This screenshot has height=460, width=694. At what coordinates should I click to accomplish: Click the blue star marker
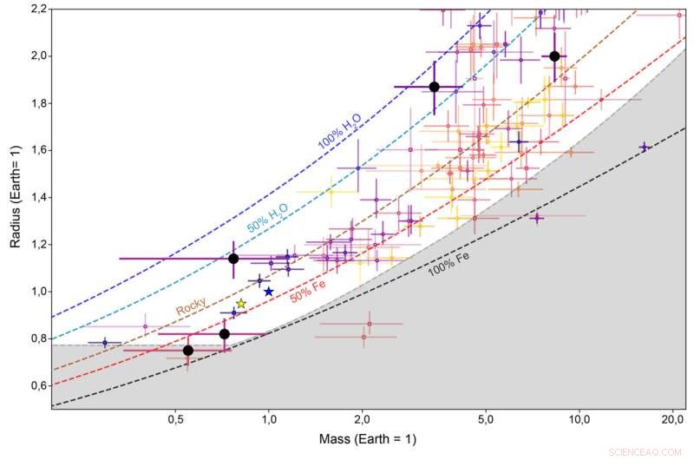[269, 292]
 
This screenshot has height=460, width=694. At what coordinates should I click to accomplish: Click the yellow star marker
[241, 304]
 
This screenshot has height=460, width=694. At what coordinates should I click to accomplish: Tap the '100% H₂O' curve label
[339, 134]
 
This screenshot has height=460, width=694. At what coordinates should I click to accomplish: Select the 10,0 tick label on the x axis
[579, 419]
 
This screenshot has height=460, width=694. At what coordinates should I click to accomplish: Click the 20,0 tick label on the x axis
[671, 419]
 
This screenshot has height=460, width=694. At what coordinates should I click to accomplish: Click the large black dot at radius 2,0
[555, 56]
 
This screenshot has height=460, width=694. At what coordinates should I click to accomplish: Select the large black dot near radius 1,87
[435, 87]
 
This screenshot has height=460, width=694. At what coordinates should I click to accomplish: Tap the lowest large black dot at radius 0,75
[188, 351]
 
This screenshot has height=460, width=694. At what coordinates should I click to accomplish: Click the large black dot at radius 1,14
[233, 259]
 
